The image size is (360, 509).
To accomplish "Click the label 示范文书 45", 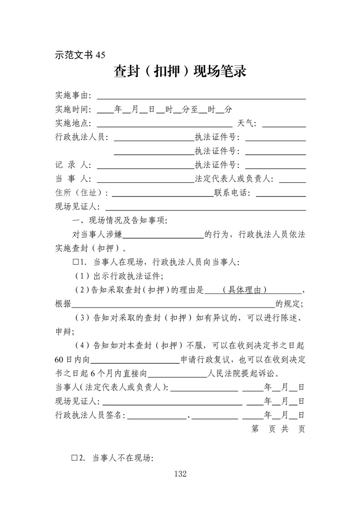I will pos(80,54).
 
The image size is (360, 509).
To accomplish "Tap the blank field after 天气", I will pos(284,124).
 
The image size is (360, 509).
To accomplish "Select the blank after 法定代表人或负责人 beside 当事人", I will pos(292,179).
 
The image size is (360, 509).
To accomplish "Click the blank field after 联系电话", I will pos(281,193).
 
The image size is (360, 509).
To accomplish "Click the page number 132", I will pos(180,474).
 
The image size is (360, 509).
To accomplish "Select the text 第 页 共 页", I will pos(278,429).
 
